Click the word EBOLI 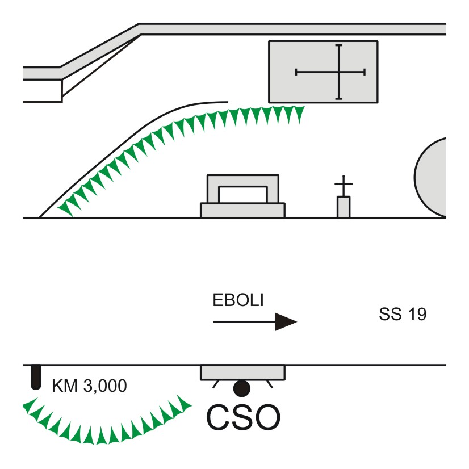pyautogui.click(x=238, y=300)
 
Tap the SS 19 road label pyautogui.click(x=403, y=314)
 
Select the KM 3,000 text pyautogui.click(x=89, y=386)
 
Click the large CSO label pyautogui.click(x=244, y=417)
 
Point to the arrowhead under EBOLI pyautogui.click(x=286, y=322)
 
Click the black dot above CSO pyautogui.click(x=242, y=388)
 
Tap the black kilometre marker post pyautogui.click(x=36, y=377)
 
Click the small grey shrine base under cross pyautogui.click(x=344, y=207)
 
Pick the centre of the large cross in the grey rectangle pyautogui.click(x=338, y=72)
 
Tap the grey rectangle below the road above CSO pyautogui.click(x=242, y=372)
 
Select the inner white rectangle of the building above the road pyautogui.click(x=243, y=195)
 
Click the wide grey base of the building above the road pyautogui.click(x=242, y=211)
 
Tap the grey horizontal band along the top pyautogui.click(x=292, y=29)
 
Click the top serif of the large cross pyautogui.click(x=338, y=45)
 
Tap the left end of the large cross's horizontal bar pyautogui.click(x=296, y=72)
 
